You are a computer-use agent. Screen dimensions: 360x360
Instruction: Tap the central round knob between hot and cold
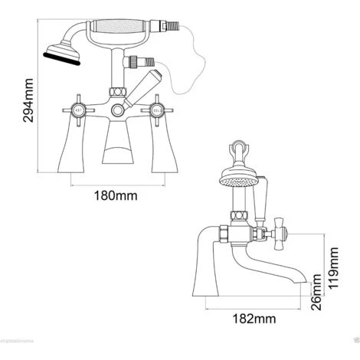(x=117, y=110)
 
